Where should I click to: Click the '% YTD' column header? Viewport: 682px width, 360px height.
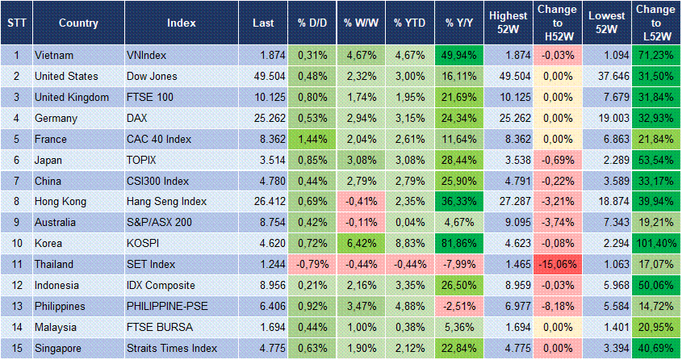[408, 22]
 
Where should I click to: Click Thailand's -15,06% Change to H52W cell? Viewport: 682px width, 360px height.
[557, 263]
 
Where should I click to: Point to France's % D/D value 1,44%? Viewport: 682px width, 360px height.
[309, 139]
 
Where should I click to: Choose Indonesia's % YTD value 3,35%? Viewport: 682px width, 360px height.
[409, 285]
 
